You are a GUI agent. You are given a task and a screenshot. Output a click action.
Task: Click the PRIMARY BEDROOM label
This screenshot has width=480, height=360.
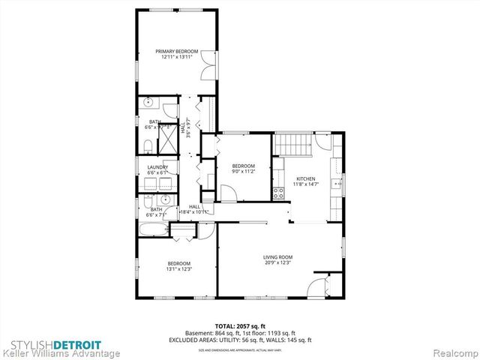pos(176,52)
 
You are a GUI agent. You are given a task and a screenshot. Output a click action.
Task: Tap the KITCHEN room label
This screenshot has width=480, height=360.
pos(306,178)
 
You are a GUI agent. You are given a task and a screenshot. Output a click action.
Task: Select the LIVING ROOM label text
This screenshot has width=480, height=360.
pos(277,256)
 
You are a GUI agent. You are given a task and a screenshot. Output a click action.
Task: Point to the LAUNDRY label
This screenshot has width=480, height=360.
pos(157,167)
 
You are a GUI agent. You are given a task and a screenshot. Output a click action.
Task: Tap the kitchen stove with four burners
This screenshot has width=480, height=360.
pos(278,193)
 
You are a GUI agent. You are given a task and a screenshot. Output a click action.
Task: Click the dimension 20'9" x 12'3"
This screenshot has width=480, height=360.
pos(277,262)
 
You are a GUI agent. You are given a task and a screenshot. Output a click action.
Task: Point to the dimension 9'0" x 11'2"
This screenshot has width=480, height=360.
pos(244,171)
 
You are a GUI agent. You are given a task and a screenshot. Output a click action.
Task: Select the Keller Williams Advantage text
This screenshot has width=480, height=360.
pos(60,352)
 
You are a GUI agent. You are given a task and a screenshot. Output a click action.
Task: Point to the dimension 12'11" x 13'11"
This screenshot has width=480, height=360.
pos(176,57)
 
